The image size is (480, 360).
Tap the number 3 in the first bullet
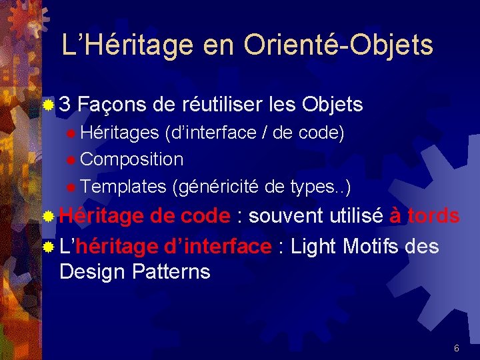pyautogui.click(x=65, y=105)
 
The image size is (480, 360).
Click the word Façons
pyautogui.click(x=109, y=105)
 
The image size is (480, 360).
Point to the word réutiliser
pyautogui.click(x=220, y=105)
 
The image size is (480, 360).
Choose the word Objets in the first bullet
pyautogui.click(x=332, y=105)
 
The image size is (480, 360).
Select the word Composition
pyautogui.click(x=131, y=159)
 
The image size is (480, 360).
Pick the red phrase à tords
pyautogui.click(x=424, y=216)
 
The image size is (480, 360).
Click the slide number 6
pyautogui.click(x=456, y=348)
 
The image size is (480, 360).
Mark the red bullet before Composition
pyautogui.click(x=71, y=160)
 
